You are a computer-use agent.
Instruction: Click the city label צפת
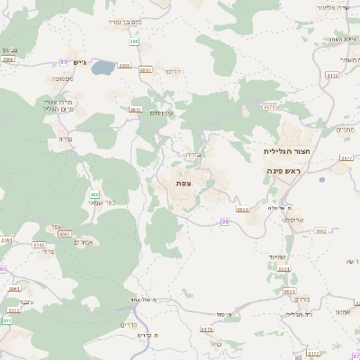[183, 183]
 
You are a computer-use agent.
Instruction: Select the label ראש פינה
[288, 170]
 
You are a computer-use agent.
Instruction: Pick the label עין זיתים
[161, 112]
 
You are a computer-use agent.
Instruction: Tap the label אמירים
[83, 242]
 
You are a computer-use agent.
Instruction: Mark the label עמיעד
[276, 258]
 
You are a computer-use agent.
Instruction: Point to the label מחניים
[346, 130]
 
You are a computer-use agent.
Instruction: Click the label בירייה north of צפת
[193, 154]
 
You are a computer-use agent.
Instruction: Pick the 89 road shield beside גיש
[64, 61]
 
